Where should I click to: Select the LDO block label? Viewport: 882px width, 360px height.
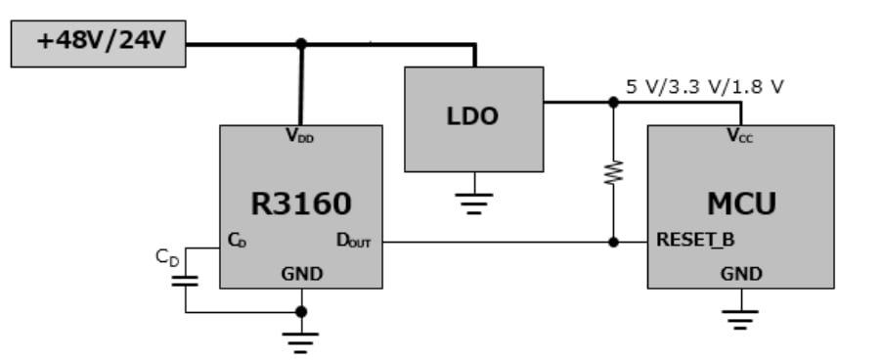(473, 115)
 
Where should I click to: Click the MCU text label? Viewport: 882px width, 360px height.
(740, 204)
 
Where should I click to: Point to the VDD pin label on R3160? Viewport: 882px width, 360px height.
(300, 138)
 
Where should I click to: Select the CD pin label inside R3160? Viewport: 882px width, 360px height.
(237, 240)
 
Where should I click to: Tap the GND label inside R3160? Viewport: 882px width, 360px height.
(301, 275)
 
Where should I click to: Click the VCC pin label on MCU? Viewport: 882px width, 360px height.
(739, 138)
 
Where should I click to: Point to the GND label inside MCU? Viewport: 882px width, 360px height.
(740, 275)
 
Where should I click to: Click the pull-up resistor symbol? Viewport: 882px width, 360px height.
(613, 172)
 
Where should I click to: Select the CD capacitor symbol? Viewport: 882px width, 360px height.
(185, 281)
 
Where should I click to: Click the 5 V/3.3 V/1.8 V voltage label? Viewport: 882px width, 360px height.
(704, 86)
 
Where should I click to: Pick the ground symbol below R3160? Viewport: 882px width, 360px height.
(301, 339)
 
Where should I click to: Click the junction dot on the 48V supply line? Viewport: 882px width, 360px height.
(301, 44)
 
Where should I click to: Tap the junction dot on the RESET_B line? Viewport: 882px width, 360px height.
(613, 242)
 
